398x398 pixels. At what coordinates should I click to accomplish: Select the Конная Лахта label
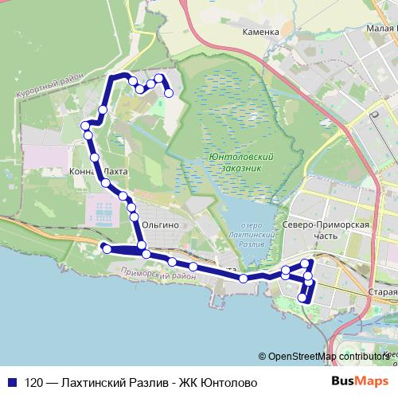(x=98, y=170)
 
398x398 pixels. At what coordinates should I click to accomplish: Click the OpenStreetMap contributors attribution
(x=326, y=357)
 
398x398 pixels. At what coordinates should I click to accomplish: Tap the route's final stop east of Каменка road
(x=170, y=93)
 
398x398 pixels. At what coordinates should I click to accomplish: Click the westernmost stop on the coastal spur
(x=104, y=249)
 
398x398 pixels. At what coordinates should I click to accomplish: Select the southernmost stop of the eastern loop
(x=302, y=298)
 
